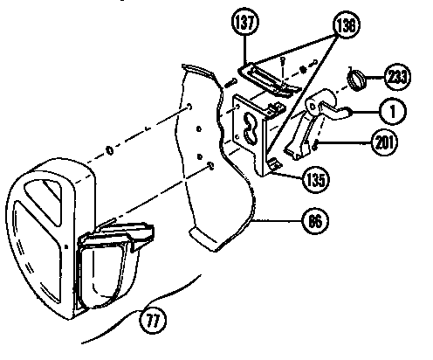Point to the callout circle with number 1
(x=392, y=111)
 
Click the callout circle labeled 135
(x=315, y=181)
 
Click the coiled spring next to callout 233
(x=355, y=80)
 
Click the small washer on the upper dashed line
(x=109, y=149)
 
